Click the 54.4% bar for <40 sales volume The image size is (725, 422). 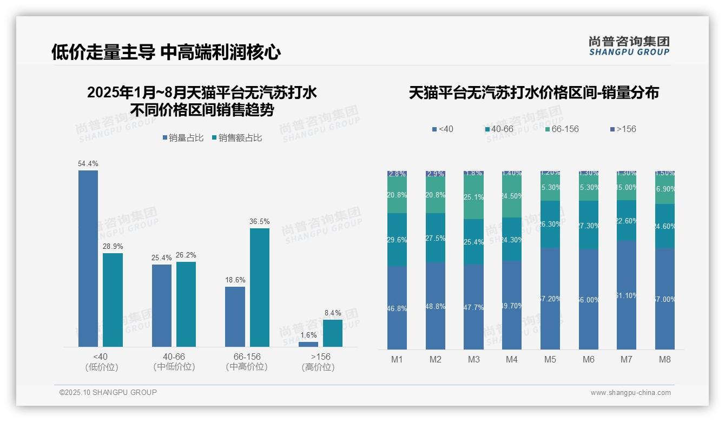tap(88, 258)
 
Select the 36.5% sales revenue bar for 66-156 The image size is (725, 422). tap(259, 287)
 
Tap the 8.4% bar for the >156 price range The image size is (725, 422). tap(333, 333)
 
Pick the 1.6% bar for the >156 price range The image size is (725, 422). tap(308, 344)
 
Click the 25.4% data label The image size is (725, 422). tap(161, 258)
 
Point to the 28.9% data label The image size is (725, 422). tap(113, 246)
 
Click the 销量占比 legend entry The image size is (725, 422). tap(183, 138)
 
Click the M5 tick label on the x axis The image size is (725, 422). tap(550, 359)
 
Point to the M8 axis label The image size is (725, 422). tap(665, 359)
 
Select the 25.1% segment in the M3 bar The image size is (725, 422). tap(474, 197)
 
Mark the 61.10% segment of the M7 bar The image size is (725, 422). tap(627, 295)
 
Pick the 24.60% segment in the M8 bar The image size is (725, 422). tap(665, 226)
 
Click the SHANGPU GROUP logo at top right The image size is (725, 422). tap(629, 45)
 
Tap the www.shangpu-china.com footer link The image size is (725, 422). tap(630, 393)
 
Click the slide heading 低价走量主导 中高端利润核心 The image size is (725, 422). tap(166, 52)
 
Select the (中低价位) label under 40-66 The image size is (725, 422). tap(174, 367)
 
